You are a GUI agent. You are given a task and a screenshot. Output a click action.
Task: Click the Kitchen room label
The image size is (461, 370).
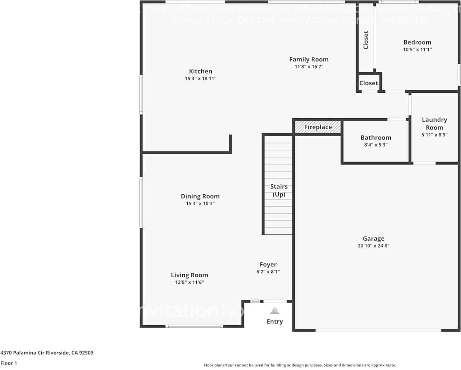point(201,71)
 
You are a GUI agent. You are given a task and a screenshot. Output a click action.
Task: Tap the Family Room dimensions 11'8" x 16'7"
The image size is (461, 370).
point(308,66)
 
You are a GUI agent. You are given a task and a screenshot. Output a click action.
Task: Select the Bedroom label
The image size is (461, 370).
point(417,42)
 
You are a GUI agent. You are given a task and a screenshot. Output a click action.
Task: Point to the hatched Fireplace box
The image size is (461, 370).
point(318,127)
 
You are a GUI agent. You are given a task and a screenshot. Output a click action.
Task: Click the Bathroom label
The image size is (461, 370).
point(375,138)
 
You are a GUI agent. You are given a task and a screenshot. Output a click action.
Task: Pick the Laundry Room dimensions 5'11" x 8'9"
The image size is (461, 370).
point(434,135)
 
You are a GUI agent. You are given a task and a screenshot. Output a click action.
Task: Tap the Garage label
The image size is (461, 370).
point(373,239)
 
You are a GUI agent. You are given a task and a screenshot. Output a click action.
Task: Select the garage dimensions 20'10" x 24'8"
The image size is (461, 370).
point(373,246)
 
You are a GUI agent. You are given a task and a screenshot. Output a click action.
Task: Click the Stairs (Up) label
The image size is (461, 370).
point(279,191)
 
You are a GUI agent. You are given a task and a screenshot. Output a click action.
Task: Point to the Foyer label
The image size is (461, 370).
point(268,265)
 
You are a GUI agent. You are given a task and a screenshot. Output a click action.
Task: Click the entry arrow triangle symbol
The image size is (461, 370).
point(275,311)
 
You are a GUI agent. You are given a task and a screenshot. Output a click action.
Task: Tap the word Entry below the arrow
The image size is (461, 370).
point(275,322)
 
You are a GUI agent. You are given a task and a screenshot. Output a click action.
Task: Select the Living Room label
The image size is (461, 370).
point(189,275)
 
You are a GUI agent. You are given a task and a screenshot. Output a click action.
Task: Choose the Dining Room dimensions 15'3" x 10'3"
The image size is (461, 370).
point(200,203)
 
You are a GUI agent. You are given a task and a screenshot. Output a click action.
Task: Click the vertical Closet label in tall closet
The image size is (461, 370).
point(366,40)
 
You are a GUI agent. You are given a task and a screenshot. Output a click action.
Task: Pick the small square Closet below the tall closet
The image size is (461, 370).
point(368,83)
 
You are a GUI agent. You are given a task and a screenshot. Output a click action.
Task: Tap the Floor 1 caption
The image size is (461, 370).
point(9,363)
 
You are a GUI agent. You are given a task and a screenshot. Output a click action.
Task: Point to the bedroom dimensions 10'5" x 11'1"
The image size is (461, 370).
point(417,49)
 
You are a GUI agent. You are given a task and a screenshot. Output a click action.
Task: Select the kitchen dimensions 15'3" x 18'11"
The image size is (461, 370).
point(201,78)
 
